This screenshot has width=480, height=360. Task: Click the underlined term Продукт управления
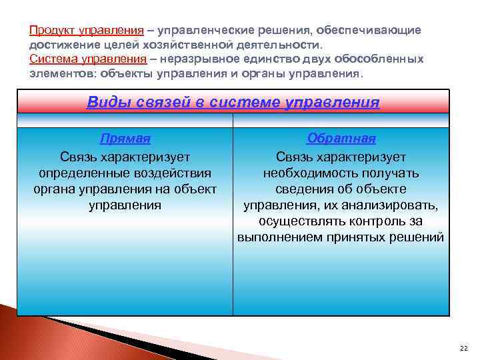pos(86,31)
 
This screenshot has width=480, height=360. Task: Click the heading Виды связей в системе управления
pos(233,103)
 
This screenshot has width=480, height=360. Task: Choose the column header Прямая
pos(125,139)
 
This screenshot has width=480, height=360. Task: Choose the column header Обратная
pos(341,139)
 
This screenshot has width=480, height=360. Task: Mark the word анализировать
pos(393,205)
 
